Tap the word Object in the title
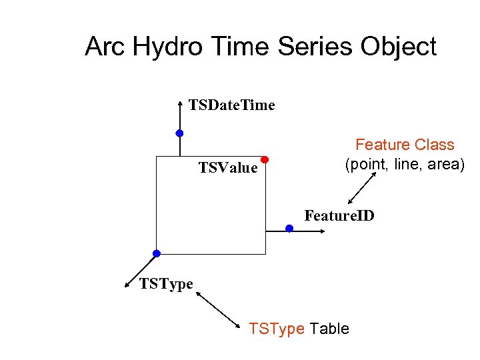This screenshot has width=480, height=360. pyautogui.click(x=399, y=48)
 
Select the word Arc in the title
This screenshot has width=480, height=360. pyautogui.click(x=105, y=48)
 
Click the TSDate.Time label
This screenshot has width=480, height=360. pyautogui.click(x=232, y=105)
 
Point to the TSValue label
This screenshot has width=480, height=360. pyautogui.click(x=228, y=168)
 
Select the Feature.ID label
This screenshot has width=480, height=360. pyautogui.click(x=339, y=216)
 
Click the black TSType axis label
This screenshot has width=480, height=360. pyautogui.click(x=166, y=285)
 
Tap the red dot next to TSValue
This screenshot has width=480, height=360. pyautogui.click(x=264, y=159)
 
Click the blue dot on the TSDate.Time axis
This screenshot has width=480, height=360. pyautogui.click(x=179, y=133)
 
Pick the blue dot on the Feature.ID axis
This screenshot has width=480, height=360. pyautogui.click(x=289, y=228)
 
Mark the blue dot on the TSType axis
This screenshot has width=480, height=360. pyautogui.click(x=156, y=253)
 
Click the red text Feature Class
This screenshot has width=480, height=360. pyautogui.click(x=405, y=145)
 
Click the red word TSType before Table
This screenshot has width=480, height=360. pyautogui.click(x=277, y=329)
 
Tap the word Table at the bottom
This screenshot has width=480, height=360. pyautogui.click(x=329, y=329)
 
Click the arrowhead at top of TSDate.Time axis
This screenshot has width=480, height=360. pyautogui.click(x=180, y=103)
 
